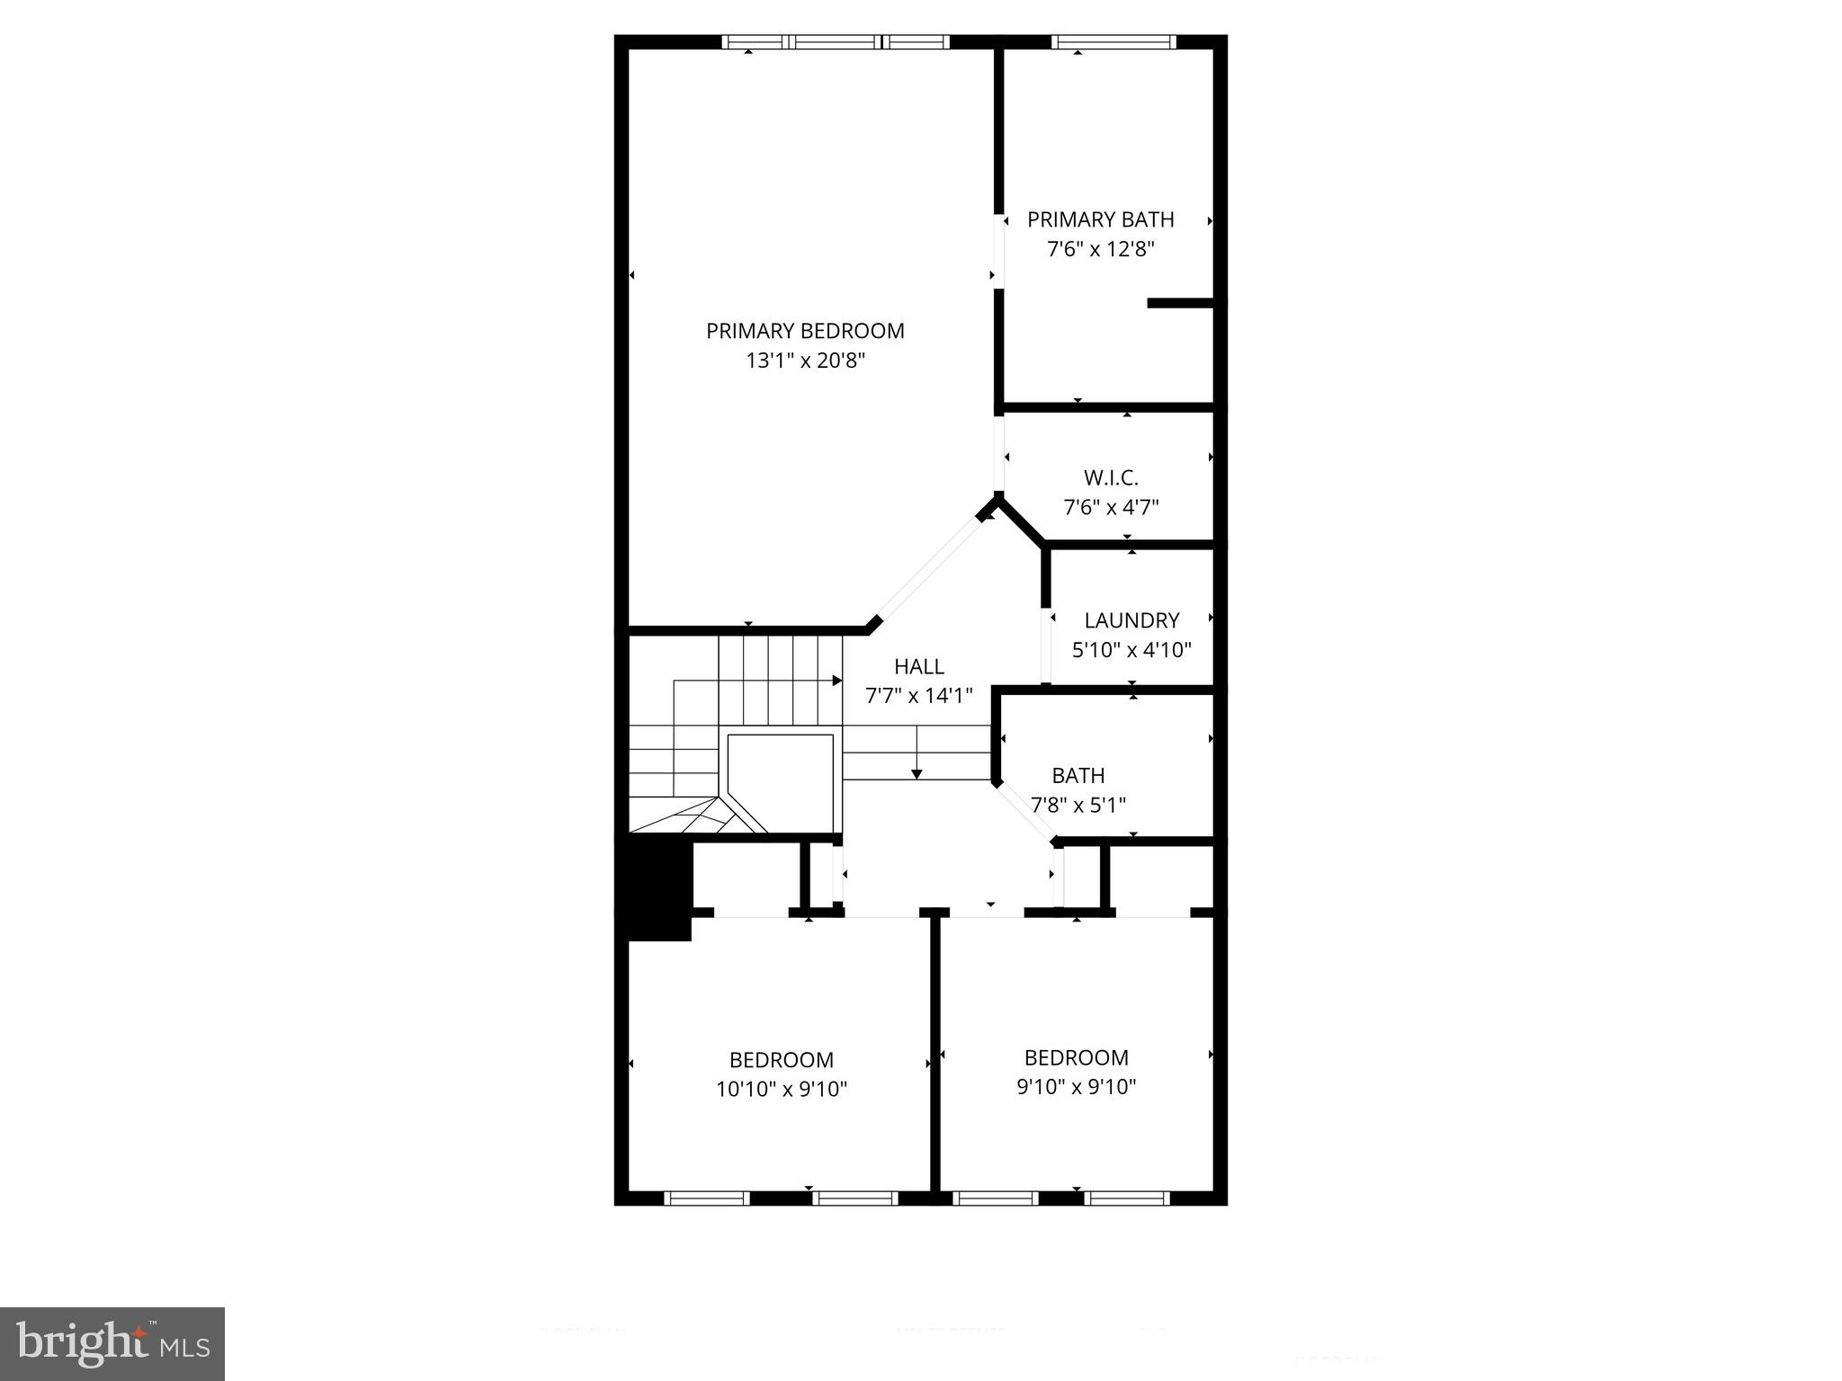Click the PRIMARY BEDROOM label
(805, 331)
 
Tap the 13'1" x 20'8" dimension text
(805, 361)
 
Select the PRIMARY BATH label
(1101, 219)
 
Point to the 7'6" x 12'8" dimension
(1101, 249)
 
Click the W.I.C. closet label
(1111, 477)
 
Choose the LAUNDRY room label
(1131, 620)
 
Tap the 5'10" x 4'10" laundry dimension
(1131, 649)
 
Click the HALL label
(919, 666)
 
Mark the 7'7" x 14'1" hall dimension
(919, 695)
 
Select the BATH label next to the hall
(1078, 775)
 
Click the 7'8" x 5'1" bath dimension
(1078, 805)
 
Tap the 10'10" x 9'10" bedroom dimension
(782, 1089)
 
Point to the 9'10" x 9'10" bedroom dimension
(1077, 1086)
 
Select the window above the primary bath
(1113, 41)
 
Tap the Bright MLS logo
(112, 1343)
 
